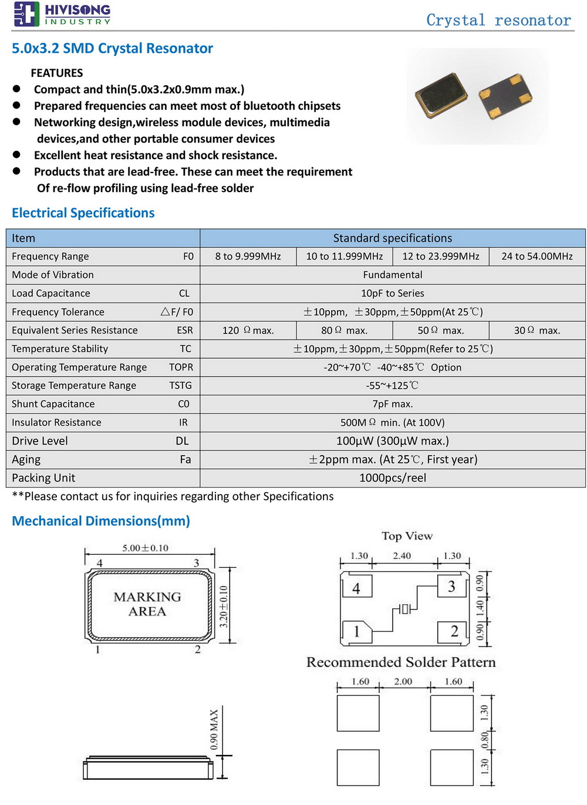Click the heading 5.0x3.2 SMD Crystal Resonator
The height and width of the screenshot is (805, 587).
pyautogui.click(x=112, y=48)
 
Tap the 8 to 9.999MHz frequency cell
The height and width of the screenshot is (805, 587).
pyautogui.click(x=248, y=256)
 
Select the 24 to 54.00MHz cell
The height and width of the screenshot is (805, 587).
pyautogui.click(x=537, y=256)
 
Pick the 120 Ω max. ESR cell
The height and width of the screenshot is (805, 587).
pyautogui.click(x=248, y=331)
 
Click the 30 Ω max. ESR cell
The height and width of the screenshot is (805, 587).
pyautogui.click(x=537, y=331)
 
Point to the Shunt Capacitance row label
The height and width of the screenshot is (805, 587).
pyautogui.click(x=53, y=404)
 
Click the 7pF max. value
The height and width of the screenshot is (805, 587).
pyautogui.click(x=392, y=404)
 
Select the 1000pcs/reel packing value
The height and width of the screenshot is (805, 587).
pyautogui.click(x=392, y=478)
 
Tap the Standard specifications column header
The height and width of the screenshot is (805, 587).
pyautogui.click(x=392, y=238)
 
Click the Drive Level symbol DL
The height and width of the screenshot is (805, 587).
pyautogui.click(x=182, y=441)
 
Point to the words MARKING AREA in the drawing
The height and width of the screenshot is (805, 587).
pyautogui.click(x=147, y=604)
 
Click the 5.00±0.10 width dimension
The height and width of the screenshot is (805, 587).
pyautogui.click(x=145, y=548)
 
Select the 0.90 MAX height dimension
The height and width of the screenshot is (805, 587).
pyautogui.click(x=214, y=730)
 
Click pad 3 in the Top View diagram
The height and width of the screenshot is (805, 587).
pyautogui.click(x=451, y=587)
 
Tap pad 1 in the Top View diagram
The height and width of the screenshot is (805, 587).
pyautogui.click(x=356, y=632)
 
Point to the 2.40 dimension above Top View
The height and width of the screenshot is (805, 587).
pyautogui.click(x=402, y=555)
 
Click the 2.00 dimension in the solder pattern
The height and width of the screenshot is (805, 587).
pyautogui.click(x=403, y=681)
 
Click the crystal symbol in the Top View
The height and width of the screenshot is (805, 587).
pyautogui.click(x=405, y=609)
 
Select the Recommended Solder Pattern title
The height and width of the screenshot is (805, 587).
pyautogui.click(x=401, y=662)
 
